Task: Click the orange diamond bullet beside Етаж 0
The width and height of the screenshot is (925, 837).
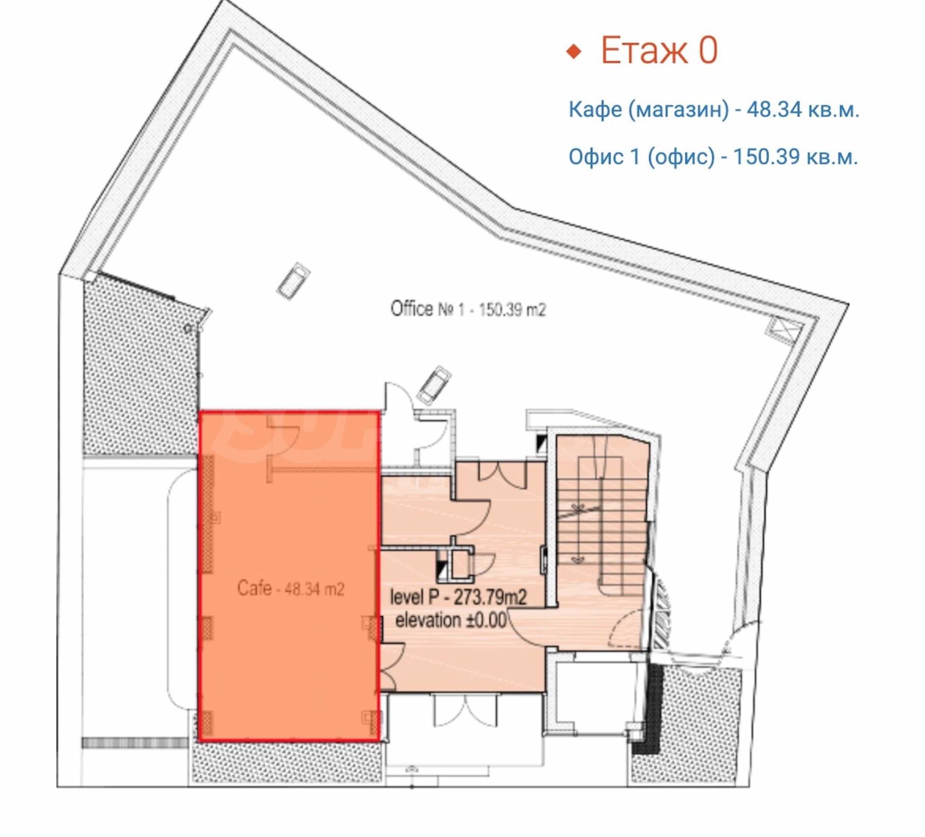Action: click(574, 51)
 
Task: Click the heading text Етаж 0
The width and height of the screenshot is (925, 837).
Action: click(659, 51)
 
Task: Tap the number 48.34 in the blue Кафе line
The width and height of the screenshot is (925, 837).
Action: click(774, 110)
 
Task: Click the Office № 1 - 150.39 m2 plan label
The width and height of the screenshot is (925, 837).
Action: click(468, 309)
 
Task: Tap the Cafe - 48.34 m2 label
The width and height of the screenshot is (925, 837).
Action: click(291, 588)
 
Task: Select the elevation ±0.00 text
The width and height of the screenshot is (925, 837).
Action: click(451, 620)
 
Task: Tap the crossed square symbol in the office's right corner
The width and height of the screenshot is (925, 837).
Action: click(785, 329)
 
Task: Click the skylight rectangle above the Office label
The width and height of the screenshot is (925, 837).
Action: click(294, 281)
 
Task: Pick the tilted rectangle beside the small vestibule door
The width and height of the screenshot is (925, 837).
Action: click(434, 385)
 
